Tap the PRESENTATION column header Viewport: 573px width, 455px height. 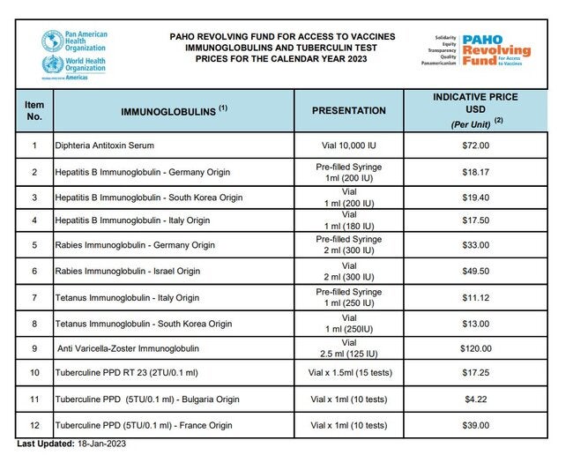click(x=348, y=111)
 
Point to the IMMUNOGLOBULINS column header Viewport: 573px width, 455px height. click(x=174, y=111)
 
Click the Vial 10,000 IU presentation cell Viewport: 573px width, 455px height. click(x=348, y=145)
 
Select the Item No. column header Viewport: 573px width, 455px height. click(x=33, y=111)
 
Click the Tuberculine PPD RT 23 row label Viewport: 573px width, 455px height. click(x=121, y=373)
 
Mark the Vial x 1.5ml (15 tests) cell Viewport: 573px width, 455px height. click(x=348, y=373)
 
